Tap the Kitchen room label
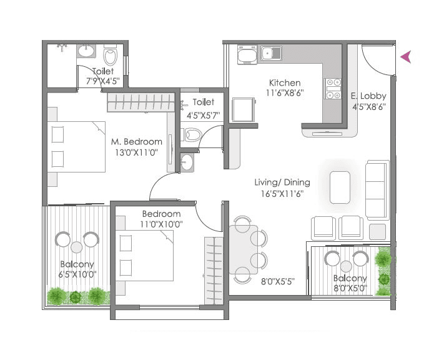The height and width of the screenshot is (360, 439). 285,82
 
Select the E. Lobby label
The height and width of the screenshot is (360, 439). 369,96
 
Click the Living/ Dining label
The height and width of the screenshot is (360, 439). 282,182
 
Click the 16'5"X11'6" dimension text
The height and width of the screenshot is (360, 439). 282,194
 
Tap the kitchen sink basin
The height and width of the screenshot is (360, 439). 271,54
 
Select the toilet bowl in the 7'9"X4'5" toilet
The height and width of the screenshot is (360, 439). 111,57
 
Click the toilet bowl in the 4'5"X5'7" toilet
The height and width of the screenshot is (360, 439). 192,134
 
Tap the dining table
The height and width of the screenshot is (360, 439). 242,249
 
